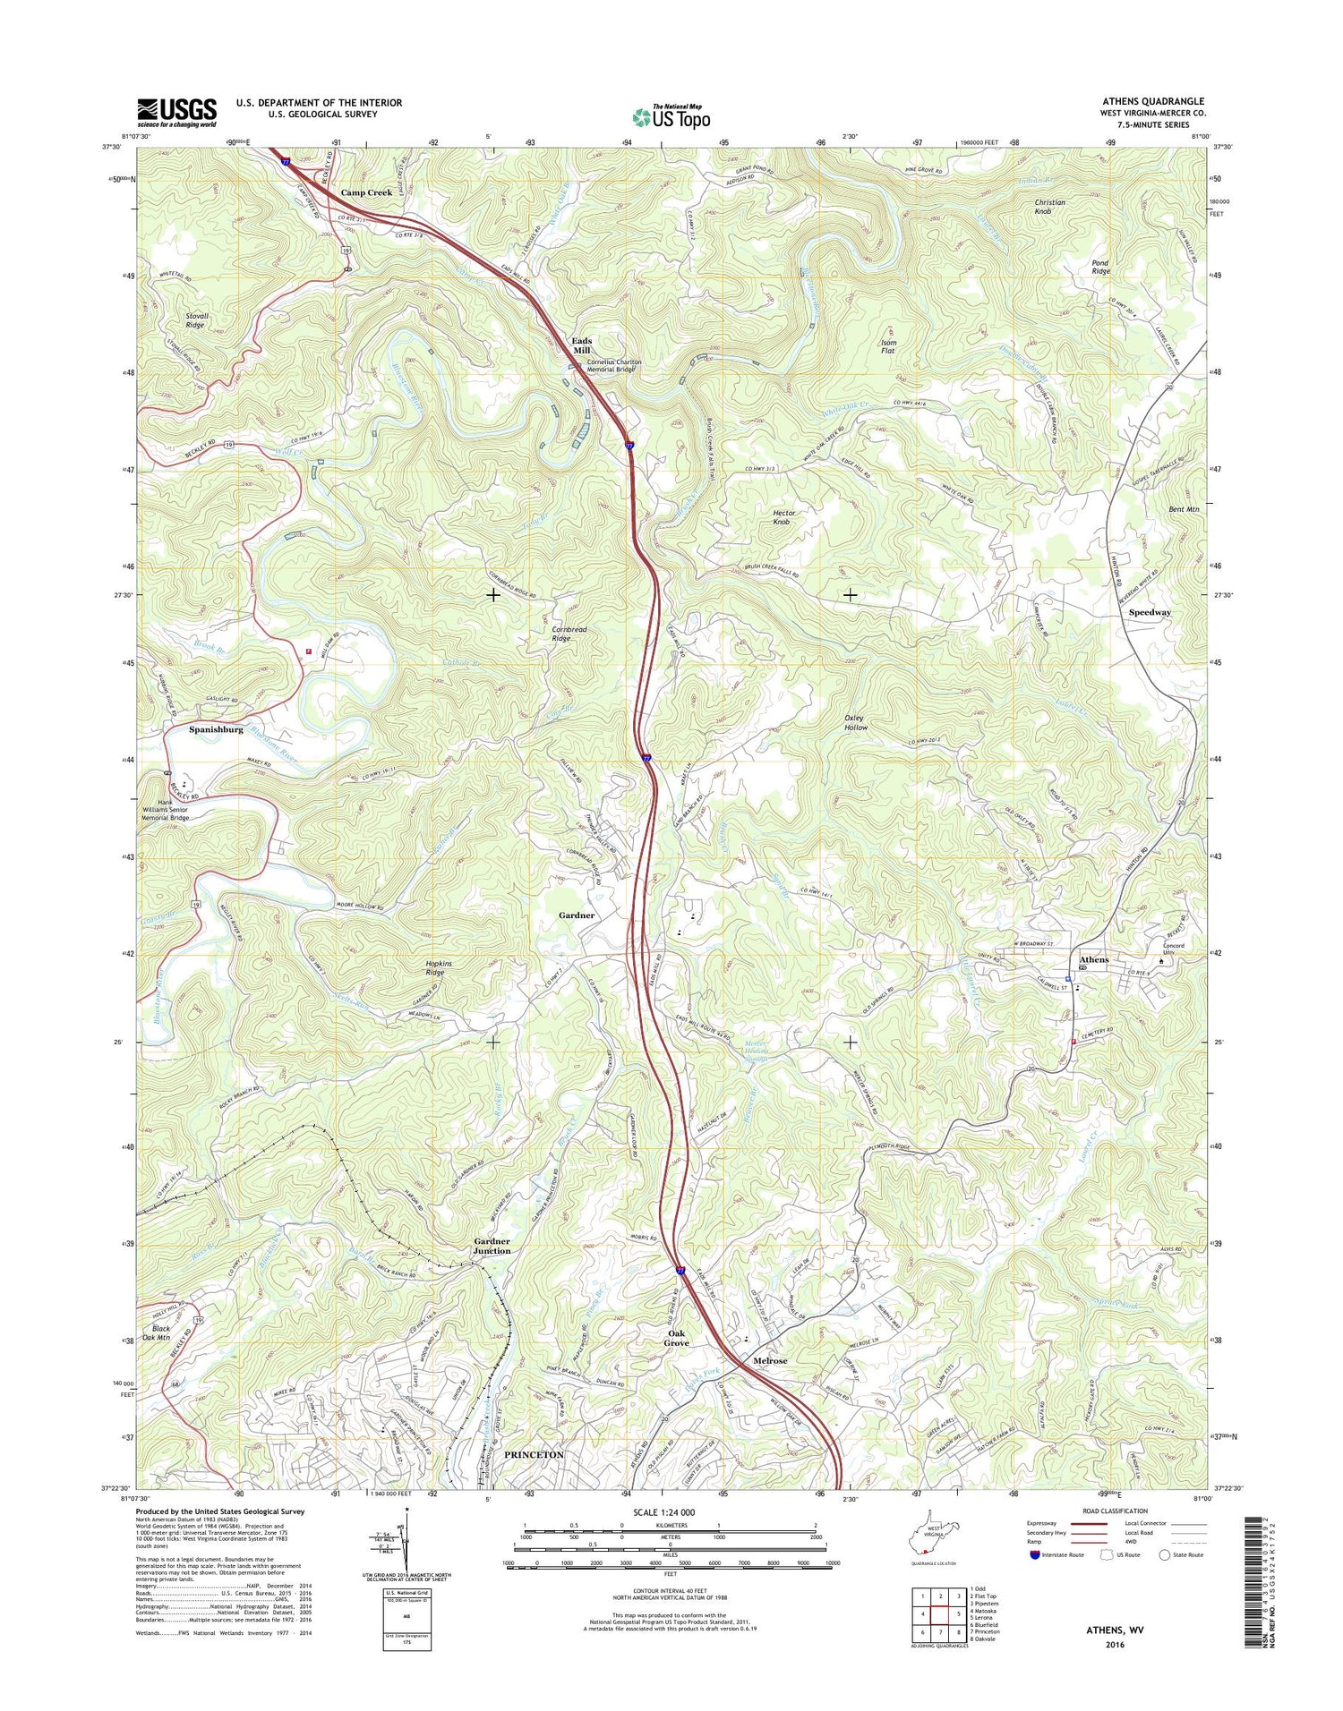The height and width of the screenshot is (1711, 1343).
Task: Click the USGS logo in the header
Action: pos(177,112)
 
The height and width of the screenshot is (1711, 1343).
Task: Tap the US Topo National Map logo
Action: pos(671,116)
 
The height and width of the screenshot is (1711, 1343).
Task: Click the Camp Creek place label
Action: pos(365,192)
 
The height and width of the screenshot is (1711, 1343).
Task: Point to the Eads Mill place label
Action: pos(582,345)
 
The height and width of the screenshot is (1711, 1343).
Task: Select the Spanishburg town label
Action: pos(216,729)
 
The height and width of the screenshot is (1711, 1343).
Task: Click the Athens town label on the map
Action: pos(1092,960)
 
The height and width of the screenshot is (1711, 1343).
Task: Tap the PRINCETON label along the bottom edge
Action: pos(534,1455)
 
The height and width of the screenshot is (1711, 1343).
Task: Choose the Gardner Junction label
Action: pos(492,1246)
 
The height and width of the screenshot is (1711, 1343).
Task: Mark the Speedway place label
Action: pos(1150,612)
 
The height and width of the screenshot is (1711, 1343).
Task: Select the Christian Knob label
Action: pos(1049,207)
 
